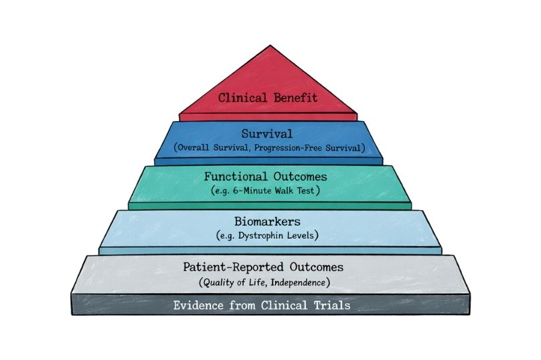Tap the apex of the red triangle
(269, 47)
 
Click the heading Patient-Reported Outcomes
(263, 267)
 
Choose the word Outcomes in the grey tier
(313, 267)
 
